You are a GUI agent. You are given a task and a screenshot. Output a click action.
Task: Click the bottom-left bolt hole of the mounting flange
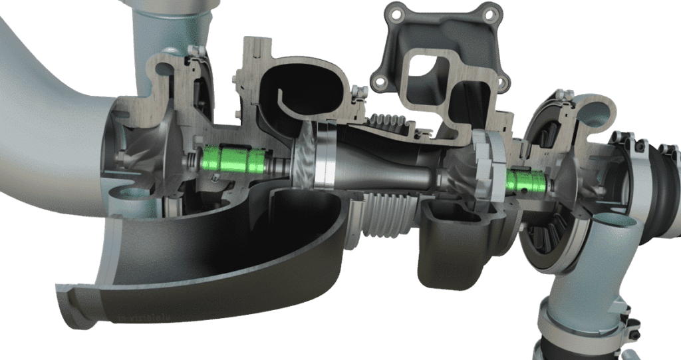coord(380,82)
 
